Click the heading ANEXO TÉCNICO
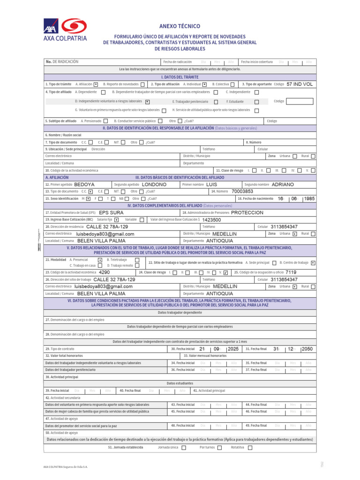[x=180, y=26]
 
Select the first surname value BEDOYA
[x=84, y=185]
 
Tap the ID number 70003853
[x=242, y=191]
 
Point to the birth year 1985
[x=309, y=198]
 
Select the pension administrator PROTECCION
[x=247, y=212]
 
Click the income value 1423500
[x=211, y=219]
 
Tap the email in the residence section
[x=105, y=234]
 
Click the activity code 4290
[x=105, y=272]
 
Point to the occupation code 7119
[x=291, y=272]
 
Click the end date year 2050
[x=307, y=349]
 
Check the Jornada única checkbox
[x=183, y=448]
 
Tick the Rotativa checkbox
[x=250, y=448]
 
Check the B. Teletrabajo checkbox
[x=137, y=260]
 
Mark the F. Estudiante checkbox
[x=256, y=102]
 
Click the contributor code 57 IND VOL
[x=300, y=84]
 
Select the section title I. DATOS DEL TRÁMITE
[x=180, y=77]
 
